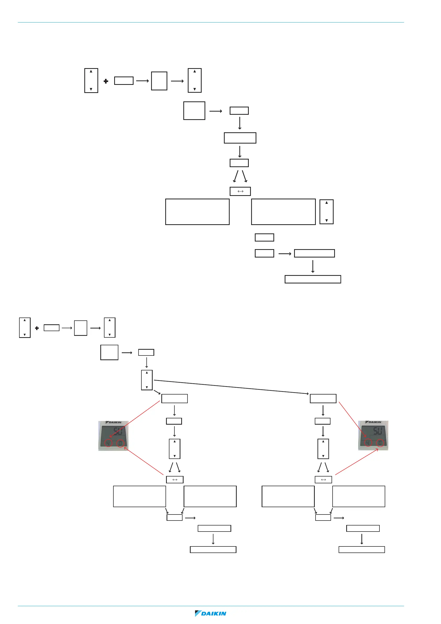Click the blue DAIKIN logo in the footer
[x=211, y=614]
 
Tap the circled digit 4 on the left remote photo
[x=108, y=443]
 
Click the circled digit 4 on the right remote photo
[x=368, y=443]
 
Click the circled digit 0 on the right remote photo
[x=380, y=443]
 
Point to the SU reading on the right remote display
[x=377, y=431]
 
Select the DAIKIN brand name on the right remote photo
[x=375, y=422]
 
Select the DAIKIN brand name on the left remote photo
[x=115, y=422]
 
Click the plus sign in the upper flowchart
[x=106, y=81]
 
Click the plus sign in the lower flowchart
[x=37, y=328]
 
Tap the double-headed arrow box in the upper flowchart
[x=240, y=191]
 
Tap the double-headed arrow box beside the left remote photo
[x=175, y=480]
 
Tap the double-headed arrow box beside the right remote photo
[x=323, y=480]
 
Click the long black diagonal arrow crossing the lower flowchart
[x=231, y=387]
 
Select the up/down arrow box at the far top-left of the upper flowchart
[x=91, y=80]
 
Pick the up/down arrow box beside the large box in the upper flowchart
[x=326, y=212]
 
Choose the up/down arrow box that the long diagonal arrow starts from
[x=147, y=380]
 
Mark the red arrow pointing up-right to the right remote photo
[x=356, y=462]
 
